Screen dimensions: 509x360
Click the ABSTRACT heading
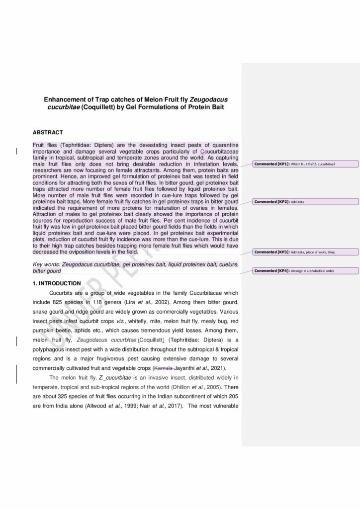(x=48, y=132)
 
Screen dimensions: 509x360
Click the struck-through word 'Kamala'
(x=165, y=368)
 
